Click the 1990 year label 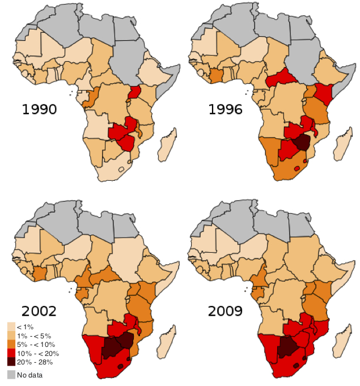[x=39, y=109]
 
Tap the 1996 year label [x=225, y=109]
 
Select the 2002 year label [x=39, y=311]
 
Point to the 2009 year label [x=225, y=311]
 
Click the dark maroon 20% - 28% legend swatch [x=11, y=362]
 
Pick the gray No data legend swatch [x=11, y=375]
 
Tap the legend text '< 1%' [x=25, y=327]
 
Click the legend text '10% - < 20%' [x=38, y=354]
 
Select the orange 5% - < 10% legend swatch [x=11, y=344]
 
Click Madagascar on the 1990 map [x=167, y=145]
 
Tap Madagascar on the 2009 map [x=342, y=342]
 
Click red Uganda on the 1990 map [x=135, y=92]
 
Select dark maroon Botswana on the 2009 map [x=287, y=347]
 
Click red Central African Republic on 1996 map [x=281, y=77]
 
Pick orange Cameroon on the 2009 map [x=259, y=277]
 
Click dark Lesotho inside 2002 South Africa [x=120, y=366]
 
